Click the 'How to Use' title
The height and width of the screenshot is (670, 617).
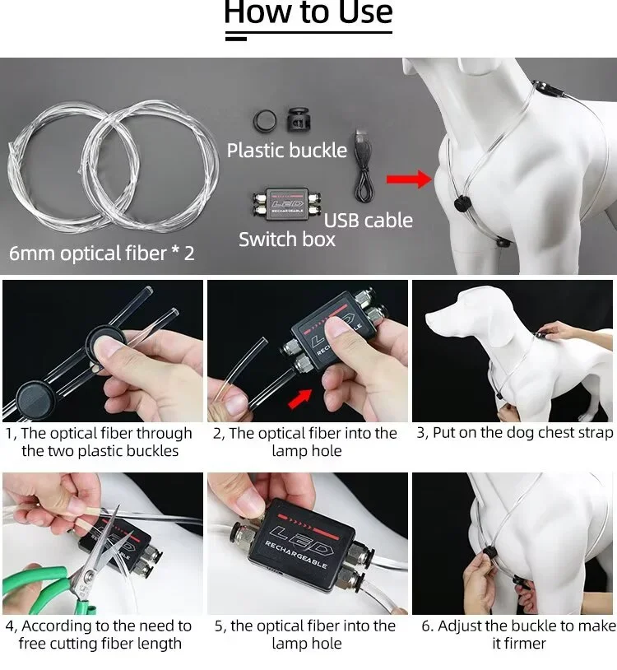click(x=308, y=12)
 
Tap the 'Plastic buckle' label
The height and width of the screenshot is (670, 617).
click(x=286, y=151)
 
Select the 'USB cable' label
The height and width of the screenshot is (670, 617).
click(x=368, y=221)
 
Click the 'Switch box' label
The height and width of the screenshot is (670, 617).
click(x=287, y=240)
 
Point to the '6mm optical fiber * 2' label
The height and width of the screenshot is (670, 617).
click(x=102, y=253)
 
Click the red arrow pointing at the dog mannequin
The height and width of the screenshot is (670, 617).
click(x=409, y=179)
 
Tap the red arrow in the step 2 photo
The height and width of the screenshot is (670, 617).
click(x=299, y=398)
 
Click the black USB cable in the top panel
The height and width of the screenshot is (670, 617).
click(x=364, y=165)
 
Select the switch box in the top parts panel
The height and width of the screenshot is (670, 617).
click(x=286, y=204)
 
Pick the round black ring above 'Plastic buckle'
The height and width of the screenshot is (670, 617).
click(x=264, y=120)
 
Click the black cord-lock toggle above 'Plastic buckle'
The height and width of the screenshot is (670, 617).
click(x=298, y=119)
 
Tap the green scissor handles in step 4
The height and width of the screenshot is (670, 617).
click(x=40, y=585)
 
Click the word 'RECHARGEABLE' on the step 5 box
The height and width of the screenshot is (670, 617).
click(x=296, y=555)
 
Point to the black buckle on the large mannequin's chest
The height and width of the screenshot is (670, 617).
click(x=462, y=203)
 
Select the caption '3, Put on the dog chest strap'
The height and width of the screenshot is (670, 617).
click(x=514, y=432)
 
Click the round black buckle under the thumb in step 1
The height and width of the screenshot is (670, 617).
click(x=106, y=342)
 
